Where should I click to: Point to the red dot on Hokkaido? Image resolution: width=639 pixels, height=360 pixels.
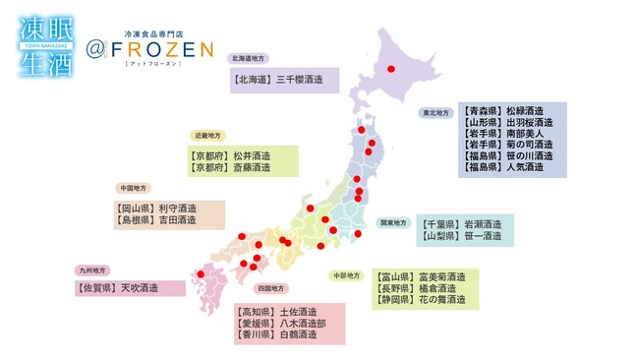391,69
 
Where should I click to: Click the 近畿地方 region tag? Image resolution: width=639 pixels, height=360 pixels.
208,135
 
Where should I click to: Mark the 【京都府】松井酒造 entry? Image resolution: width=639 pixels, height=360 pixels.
229,155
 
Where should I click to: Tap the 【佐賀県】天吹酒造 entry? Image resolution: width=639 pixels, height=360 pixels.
116,288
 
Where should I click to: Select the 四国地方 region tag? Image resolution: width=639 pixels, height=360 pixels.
270,289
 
